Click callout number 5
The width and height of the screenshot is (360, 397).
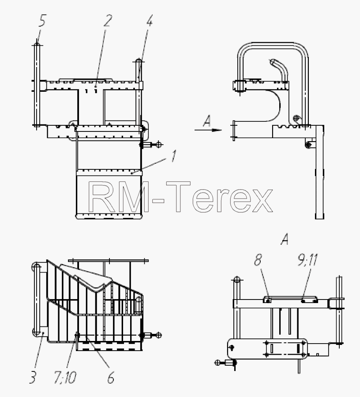point(42,21)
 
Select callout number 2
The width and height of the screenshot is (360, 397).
point(108,20)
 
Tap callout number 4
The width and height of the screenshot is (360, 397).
point(150,20)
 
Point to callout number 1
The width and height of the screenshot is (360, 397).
point(173,156)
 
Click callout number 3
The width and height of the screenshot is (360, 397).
point(33,377)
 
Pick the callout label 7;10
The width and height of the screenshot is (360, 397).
point(65,377)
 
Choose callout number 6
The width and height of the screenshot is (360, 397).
point(111,377)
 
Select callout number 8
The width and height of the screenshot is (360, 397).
point(258,260)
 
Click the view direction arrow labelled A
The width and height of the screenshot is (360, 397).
point(208,130)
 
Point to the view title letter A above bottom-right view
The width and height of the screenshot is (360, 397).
point(285,239)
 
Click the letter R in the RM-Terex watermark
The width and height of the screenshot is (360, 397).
point(101,197)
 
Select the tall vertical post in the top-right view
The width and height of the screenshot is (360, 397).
point(319,172)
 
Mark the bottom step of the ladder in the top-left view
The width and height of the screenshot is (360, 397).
point(109,217)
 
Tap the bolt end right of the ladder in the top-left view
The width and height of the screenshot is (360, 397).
point(158,145)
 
